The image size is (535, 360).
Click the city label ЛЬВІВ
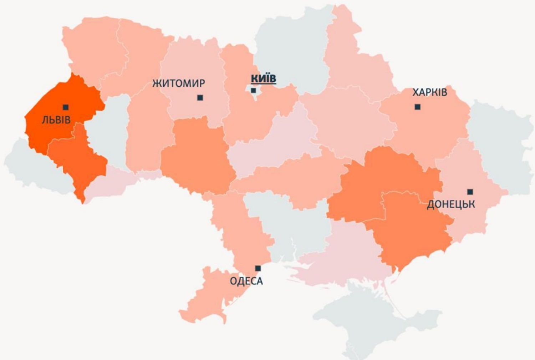pos(56,119)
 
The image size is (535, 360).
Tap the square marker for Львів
pos(65,107)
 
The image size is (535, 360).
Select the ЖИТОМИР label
pos(179,83)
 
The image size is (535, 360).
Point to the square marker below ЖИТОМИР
pos(200,97)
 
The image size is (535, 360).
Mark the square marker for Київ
pos(253,91)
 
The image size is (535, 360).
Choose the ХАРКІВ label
pos(429,92)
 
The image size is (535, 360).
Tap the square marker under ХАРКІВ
pos(418,107)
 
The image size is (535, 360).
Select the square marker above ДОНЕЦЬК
pos(470,192)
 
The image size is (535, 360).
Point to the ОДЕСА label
pos(246,281)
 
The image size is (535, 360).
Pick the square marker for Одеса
pos(258,268)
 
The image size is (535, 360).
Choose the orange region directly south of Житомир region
pos(196,157)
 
